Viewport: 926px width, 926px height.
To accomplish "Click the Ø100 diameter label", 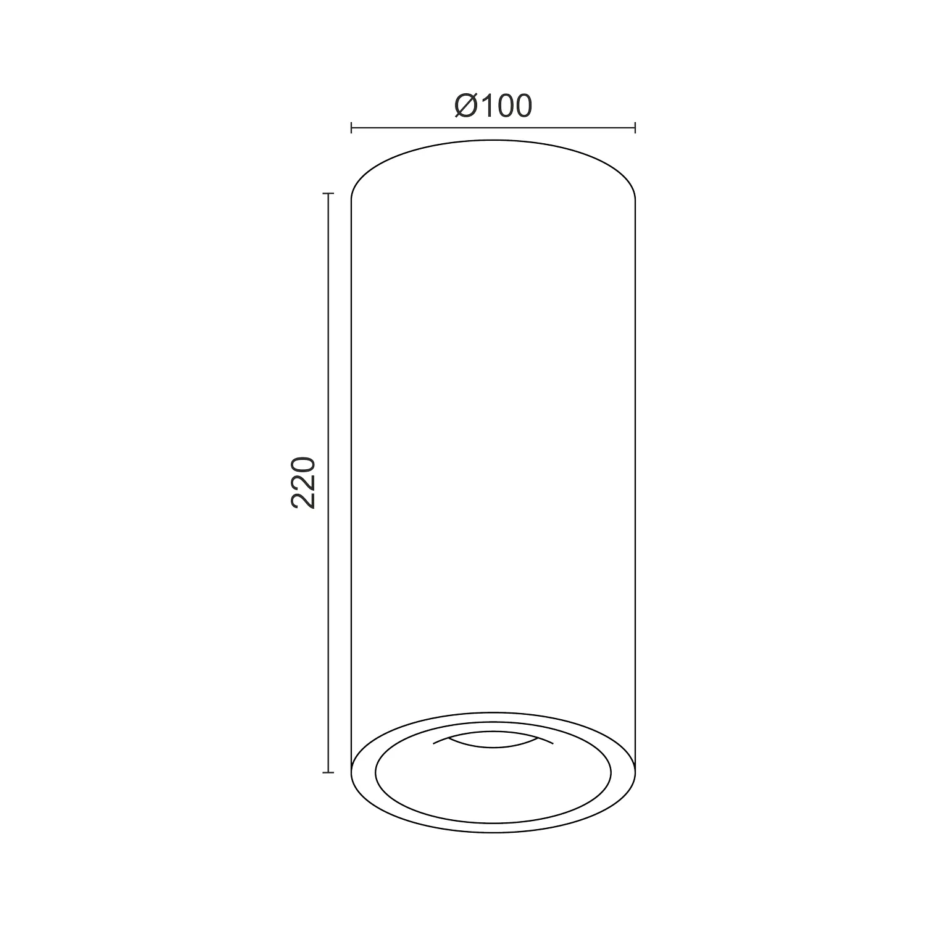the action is (493, 106).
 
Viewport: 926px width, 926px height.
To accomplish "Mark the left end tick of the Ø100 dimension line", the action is (351, 128).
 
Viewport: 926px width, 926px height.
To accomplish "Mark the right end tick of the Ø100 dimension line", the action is (635, 128).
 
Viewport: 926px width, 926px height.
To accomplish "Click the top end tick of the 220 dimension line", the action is (328, 194).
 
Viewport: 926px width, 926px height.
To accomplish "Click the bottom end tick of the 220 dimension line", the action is (328, 772).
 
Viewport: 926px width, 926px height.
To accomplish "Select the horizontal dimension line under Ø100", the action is (493, 128).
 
